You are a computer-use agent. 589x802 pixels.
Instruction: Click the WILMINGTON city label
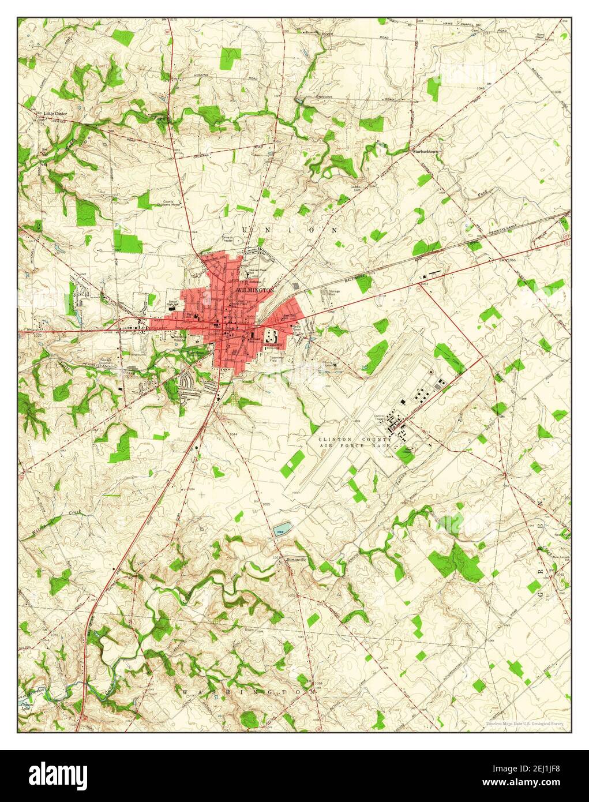pos(254,289)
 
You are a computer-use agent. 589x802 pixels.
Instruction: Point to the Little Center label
pos(55,114)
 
